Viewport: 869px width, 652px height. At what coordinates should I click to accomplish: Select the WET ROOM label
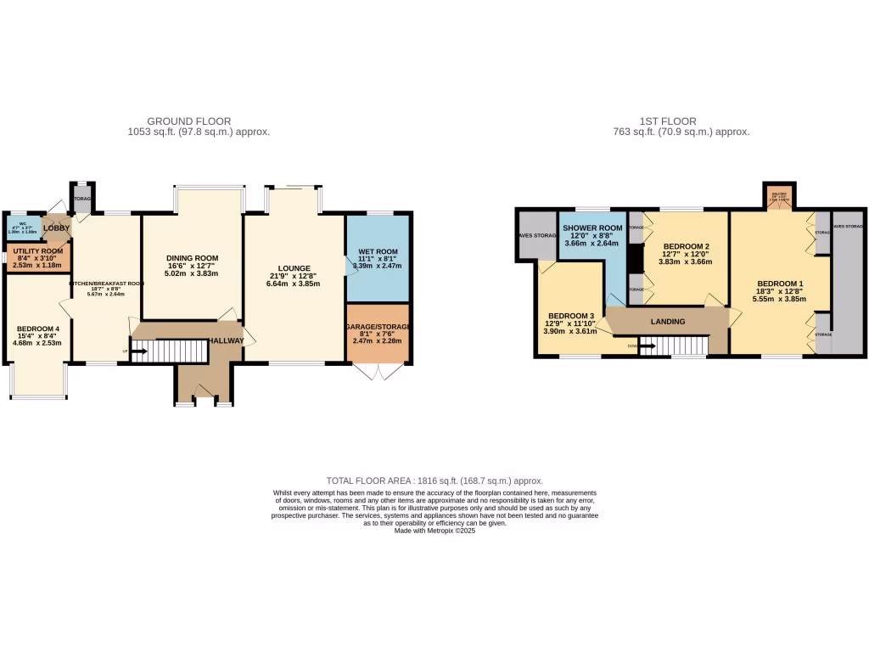tap(378, 251)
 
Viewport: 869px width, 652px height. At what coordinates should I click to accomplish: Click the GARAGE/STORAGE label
tap(378, 327)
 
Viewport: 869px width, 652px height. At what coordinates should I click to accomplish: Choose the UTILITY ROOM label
tap(39, 251)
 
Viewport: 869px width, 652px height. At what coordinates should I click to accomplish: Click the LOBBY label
tap(56, 228)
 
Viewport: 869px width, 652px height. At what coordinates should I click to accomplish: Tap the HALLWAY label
tap(227, 340)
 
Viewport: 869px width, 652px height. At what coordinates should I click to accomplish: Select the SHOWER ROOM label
tap(592, 228)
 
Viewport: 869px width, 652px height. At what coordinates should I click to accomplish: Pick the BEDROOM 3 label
tap(572, 316)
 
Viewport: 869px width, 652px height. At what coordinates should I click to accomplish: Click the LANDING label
tap(667, 321)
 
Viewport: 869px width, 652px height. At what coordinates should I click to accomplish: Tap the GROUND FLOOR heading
tap(188, 121)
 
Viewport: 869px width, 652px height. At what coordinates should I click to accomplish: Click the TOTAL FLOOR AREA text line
tap(434, 481)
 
